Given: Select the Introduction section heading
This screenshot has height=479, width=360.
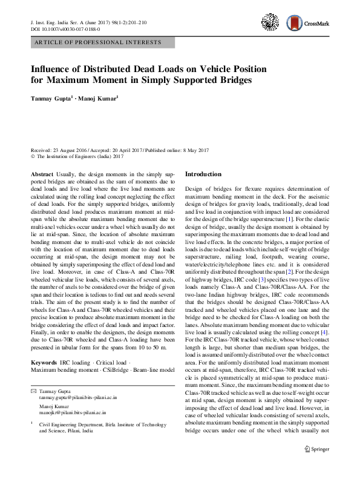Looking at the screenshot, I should [203, 174].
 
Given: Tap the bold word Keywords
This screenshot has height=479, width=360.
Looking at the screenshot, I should [45, 362].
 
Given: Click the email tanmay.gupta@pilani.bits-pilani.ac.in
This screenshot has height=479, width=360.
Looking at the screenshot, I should [78, 398].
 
